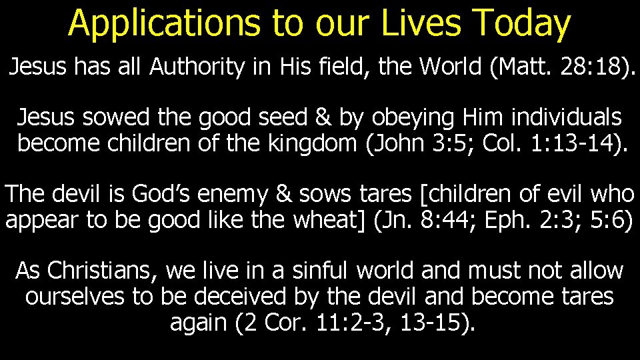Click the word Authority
pyautogui.click(x=197, y=67)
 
